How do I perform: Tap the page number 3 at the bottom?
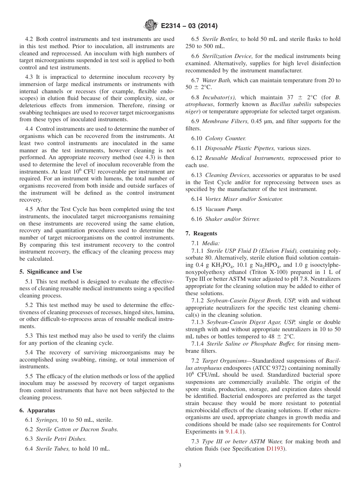180,465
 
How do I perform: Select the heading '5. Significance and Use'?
50,272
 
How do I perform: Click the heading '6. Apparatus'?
37,410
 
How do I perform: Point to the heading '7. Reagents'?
201,233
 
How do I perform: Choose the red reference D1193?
275,449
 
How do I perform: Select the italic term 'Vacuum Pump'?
224,209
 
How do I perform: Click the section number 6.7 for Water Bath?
195,80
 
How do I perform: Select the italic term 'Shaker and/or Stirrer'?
233,219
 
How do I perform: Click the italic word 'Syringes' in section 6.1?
47,420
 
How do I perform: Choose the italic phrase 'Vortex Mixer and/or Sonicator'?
244,199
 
